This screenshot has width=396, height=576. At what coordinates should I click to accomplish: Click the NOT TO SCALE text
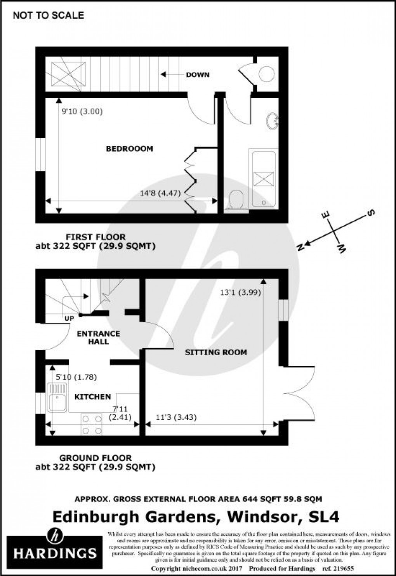[x=48, y=16]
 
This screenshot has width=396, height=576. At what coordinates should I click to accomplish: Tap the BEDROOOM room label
[x=129, y=149]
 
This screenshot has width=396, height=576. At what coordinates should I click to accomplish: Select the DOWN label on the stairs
[x=197, y=74]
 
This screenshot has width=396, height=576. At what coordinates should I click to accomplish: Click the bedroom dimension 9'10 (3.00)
[x=82, y=112]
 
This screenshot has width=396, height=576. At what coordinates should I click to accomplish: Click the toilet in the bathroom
[x=236, y=201]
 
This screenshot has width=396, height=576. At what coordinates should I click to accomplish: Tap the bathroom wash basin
[x=273, y=121]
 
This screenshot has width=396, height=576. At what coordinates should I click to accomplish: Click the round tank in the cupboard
[x=267, y=74]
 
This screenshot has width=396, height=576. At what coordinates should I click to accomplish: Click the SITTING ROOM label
[x=216, y=352]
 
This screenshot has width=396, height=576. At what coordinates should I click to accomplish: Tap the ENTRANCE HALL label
[x=98, y=337]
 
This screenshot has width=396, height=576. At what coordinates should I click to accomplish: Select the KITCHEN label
[x=92, y=397]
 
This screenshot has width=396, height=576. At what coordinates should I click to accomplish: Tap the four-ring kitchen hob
[x=92, y=425]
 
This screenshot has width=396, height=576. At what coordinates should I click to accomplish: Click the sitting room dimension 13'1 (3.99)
[x=240, y=293]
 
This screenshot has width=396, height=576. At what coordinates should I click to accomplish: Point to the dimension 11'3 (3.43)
[x=176, y=417]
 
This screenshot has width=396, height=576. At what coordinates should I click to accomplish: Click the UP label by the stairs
[x=69, y=318]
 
